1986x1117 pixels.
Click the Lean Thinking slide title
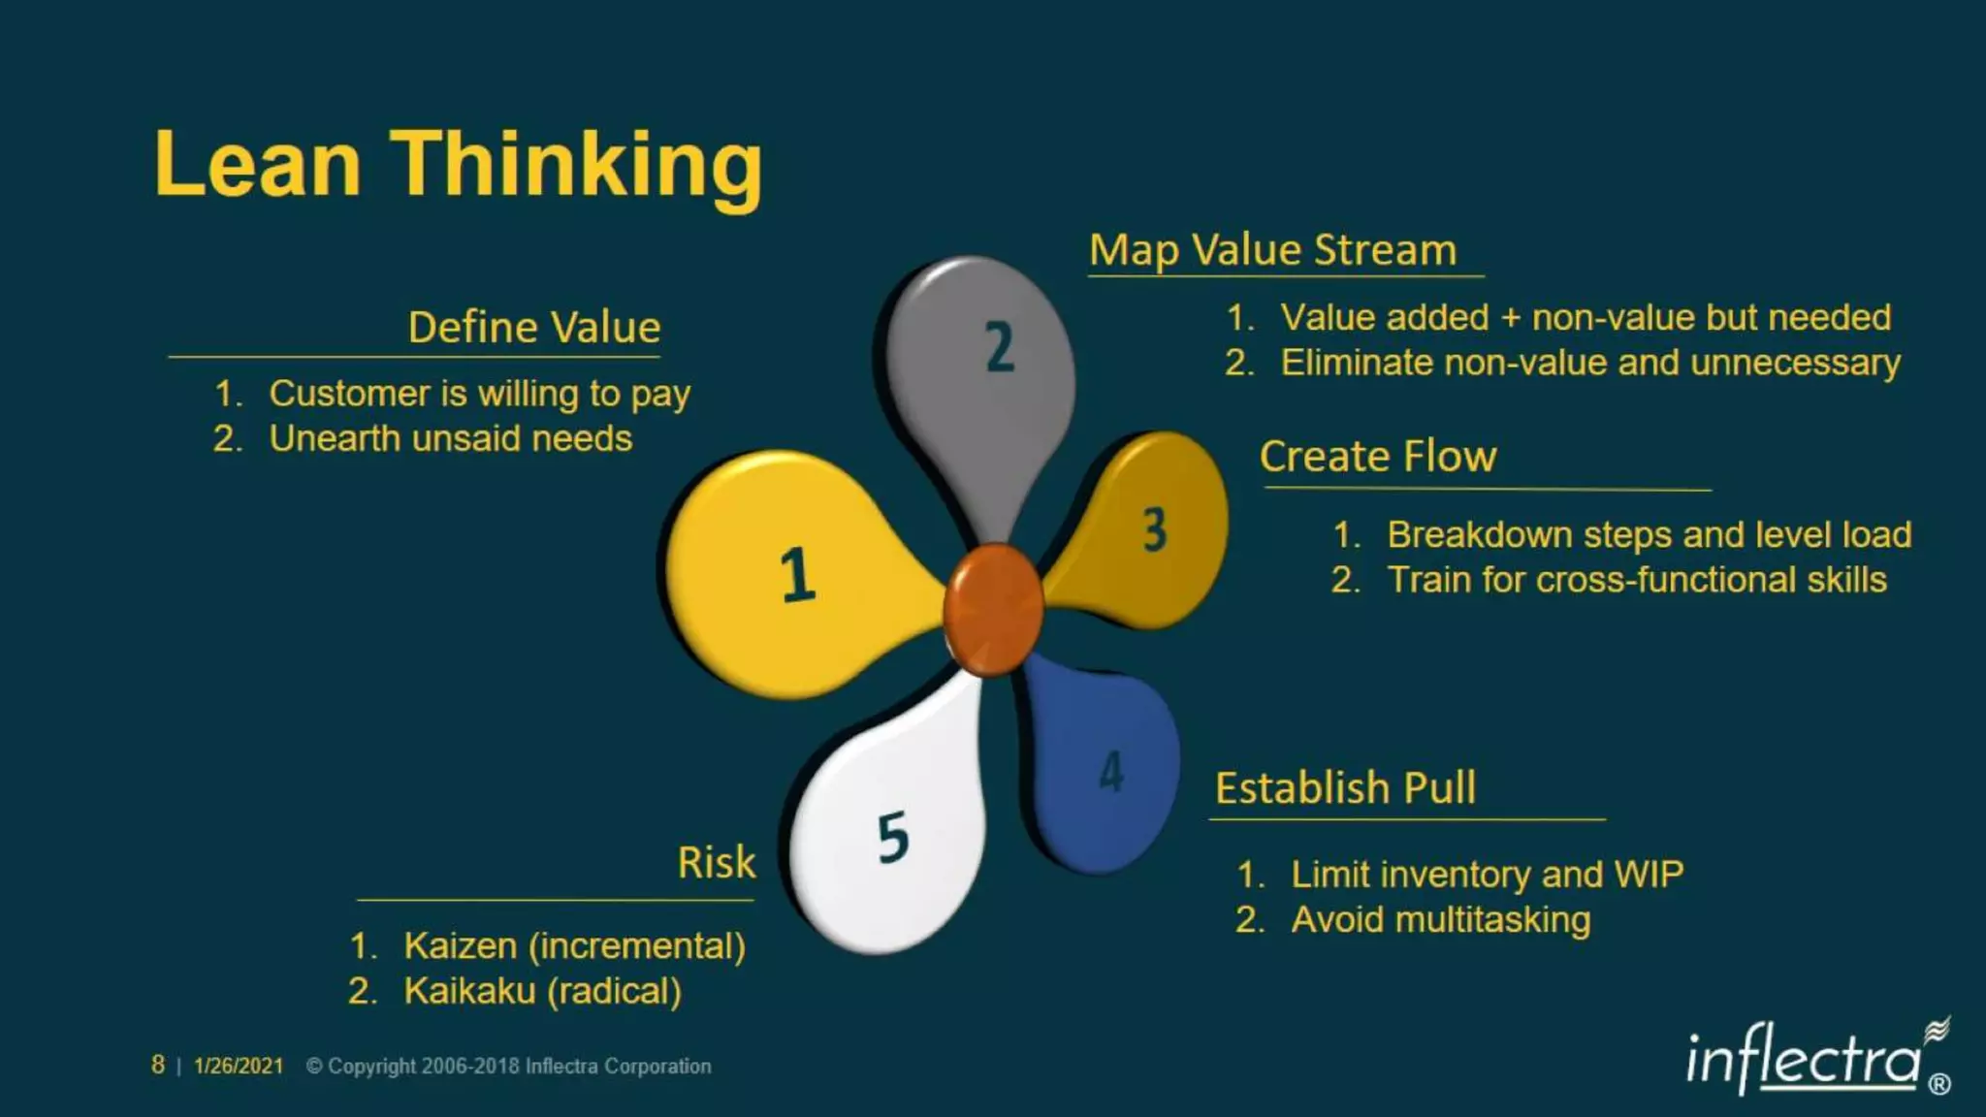coord(458,165)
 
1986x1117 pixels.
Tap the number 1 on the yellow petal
coord(797,574)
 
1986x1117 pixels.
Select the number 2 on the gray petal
coord(1000,347)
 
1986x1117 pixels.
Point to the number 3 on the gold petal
coord(1154,529)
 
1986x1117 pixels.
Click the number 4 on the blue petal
coord(1111,772)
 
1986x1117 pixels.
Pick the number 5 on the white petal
coord(893,838)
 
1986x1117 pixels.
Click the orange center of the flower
coord(993,609)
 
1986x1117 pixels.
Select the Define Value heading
coord(534,328)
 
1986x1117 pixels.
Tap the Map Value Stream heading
coord(1272,250)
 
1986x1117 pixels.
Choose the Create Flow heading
coord(1378,457)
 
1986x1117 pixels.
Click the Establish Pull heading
coord(1345,788)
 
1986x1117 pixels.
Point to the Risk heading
coord(716,862)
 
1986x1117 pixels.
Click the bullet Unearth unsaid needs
coord(450,438)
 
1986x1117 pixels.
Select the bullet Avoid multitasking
coord(1440,919)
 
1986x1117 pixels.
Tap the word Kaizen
coord(461,945)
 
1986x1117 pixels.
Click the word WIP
coord(1649,875)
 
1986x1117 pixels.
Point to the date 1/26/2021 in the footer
coord(239,1066)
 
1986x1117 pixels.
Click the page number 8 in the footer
coord(158,1065)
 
